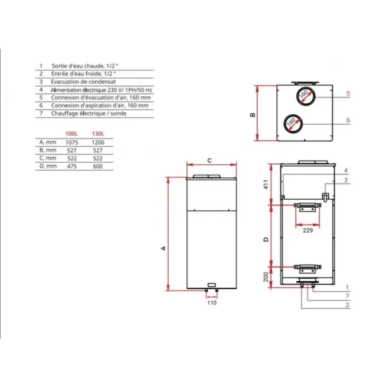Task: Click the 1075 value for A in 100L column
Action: point(72,142)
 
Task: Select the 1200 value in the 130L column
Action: point(98,142)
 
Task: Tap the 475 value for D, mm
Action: point(72,166)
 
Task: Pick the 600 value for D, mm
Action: point(98,166)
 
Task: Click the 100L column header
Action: point(72,134)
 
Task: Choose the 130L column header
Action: point(98,134)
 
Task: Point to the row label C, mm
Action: point(48,158)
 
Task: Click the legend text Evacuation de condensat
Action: point(83,81)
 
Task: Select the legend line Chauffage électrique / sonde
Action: point(89,113)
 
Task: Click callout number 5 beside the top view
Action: point(348,94)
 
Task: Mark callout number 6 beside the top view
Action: point(348,120)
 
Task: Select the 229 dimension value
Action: point(308,231)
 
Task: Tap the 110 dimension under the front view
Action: point(212,303)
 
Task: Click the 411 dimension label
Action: point(266,184)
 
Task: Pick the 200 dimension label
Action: point(266,277)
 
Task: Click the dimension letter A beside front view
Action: point(164,248)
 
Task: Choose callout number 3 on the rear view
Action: point(346,180)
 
